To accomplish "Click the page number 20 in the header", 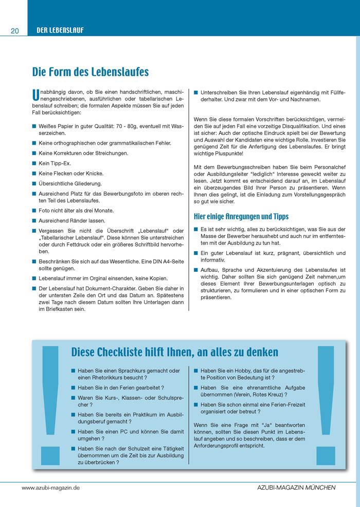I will click(x=15, y=31).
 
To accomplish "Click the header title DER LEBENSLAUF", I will click(x=60, y=30).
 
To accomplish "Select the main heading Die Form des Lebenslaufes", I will click(x=91, y=72).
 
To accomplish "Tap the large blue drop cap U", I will click(x=35, y=95).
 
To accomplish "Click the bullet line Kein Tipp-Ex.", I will click(x=55, y=163).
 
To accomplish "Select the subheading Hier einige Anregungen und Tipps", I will click(x=241, y=217).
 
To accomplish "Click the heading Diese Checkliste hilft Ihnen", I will click(x=174, y=352).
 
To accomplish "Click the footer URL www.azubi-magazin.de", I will click(x=50, y=487).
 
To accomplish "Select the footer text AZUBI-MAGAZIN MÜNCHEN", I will click(x=296, y=487).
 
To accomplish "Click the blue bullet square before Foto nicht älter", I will click(x=34, y=211).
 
